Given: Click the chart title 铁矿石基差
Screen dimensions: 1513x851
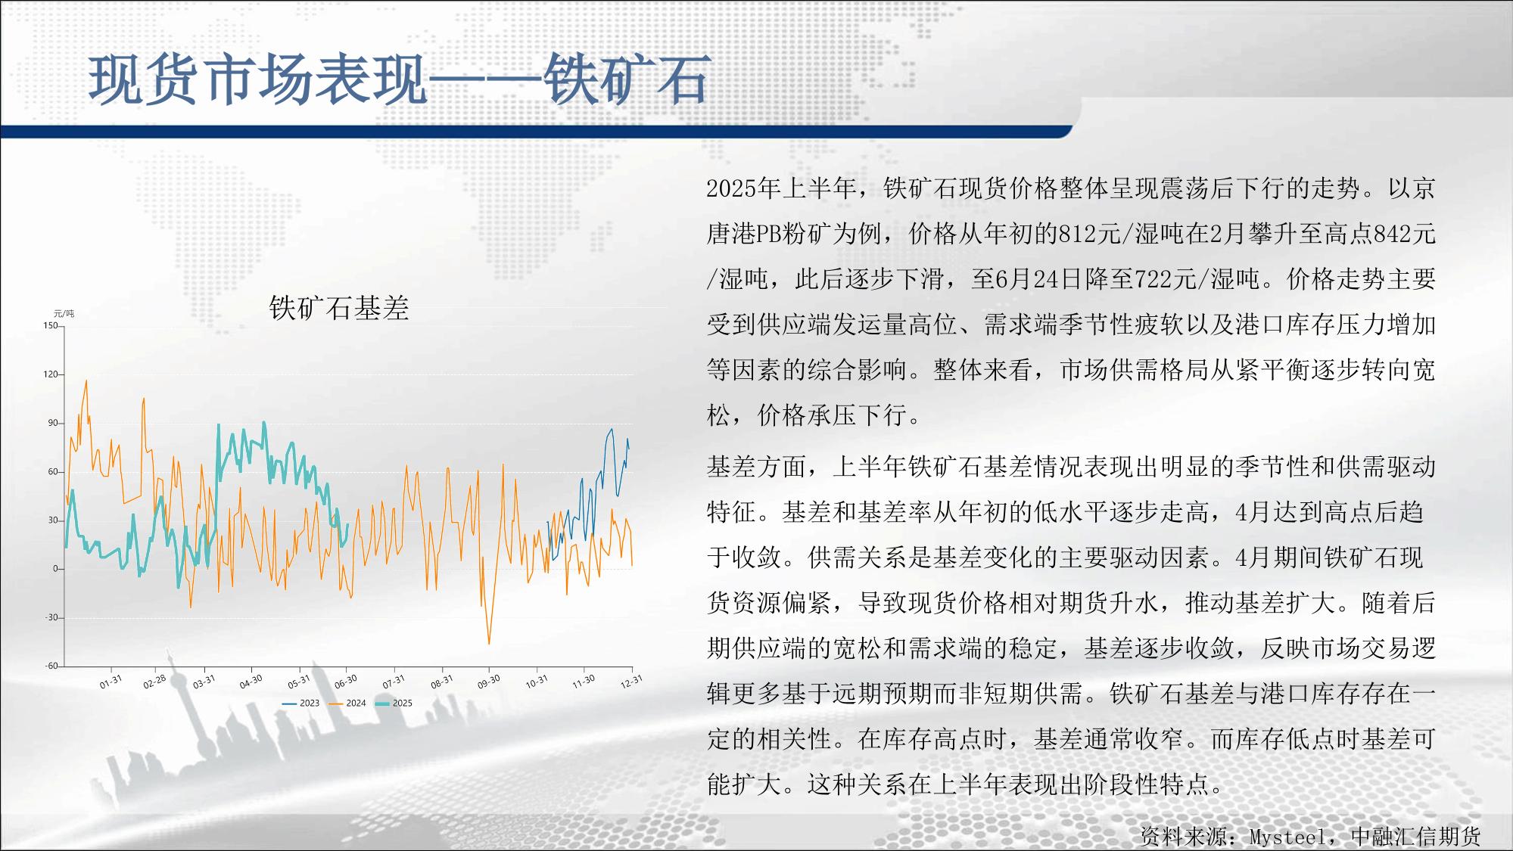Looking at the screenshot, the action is coord(339,308).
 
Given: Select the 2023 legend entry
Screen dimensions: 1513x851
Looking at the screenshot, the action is coord(300,703).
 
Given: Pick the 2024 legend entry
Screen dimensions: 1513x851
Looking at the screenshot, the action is coord(347,703).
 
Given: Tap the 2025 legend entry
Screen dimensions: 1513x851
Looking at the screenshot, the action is coord(394,703).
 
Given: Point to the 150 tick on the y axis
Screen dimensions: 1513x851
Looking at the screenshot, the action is coord(50,326).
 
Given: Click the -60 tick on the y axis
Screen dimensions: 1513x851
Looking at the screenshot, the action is coord(50,666).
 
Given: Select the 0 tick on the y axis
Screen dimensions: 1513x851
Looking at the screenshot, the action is coord(54,569).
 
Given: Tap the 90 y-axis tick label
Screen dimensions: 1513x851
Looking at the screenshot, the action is coord(52,423).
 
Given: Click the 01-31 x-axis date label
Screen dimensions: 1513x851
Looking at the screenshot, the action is coord(111,682).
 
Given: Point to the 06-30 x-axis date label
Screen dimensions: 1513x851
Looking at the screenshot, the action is coord(346,682).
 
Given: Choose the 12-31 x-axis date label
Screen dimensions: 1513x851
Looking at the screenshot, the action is coord(631,682).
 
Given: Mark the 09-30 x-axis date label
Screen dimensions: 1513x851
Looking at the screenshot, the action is coord(489,682).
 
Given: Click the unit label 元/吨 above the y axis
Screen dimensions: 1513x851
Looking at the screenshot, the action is coord(64,314).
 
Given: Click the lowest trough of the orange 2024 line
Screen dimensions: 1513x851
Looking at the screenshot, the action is coord(489,644).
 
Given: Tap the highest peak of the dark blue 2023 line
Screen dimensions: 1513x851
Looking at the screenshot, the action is coord(612,429).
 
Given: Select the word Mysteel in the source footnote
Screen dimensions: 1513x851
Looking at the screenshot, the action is coord(1287,837).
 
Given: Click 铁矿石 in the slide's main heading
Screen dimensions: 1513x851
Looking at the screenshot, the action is coord(627,79).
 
